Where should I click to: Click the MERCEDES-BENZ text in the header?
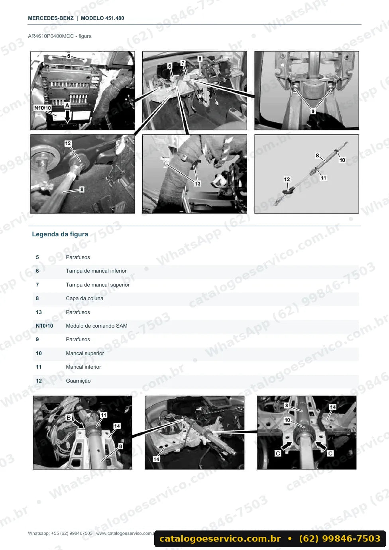click(x=51, y=18)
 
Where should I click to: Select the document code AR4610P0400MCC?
click(x=51, y=36)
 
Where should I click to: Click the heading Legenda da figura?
click(x=60, y=234)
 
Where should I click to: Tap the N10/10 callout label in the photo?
click(x=43, y=108)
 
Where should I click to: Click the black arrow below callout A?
click(x=67, y=116)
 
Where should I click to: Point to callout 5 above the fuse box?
click(x=69, y=56)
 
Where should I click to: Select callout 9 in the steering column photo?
click(x=313, y=112)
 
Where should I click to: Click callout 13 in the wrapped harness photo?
click(x=197, y=184)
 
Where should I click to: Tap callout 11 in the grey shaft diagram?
click(x=323, y=178)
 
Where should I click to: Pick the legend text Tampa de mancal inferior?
click(x=96, y=271)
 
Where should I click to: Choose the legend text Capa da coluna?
click(x=84, y=299)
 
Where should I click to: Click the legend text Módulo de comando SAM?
click(x=96, y=326)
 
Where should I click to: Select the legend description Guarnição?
click(x=78, y=381)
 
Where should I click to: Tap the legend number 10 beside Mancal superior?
click(x=39, y=354)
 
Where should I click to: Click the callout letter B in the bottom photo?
click(x=69, y=417)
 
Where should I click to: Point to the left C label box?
click(x=278, y=453)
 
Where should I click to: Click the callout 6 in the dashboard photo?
click(x=169, y=66)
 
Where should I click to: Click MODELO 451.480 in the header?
click(x=102, y=18)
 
